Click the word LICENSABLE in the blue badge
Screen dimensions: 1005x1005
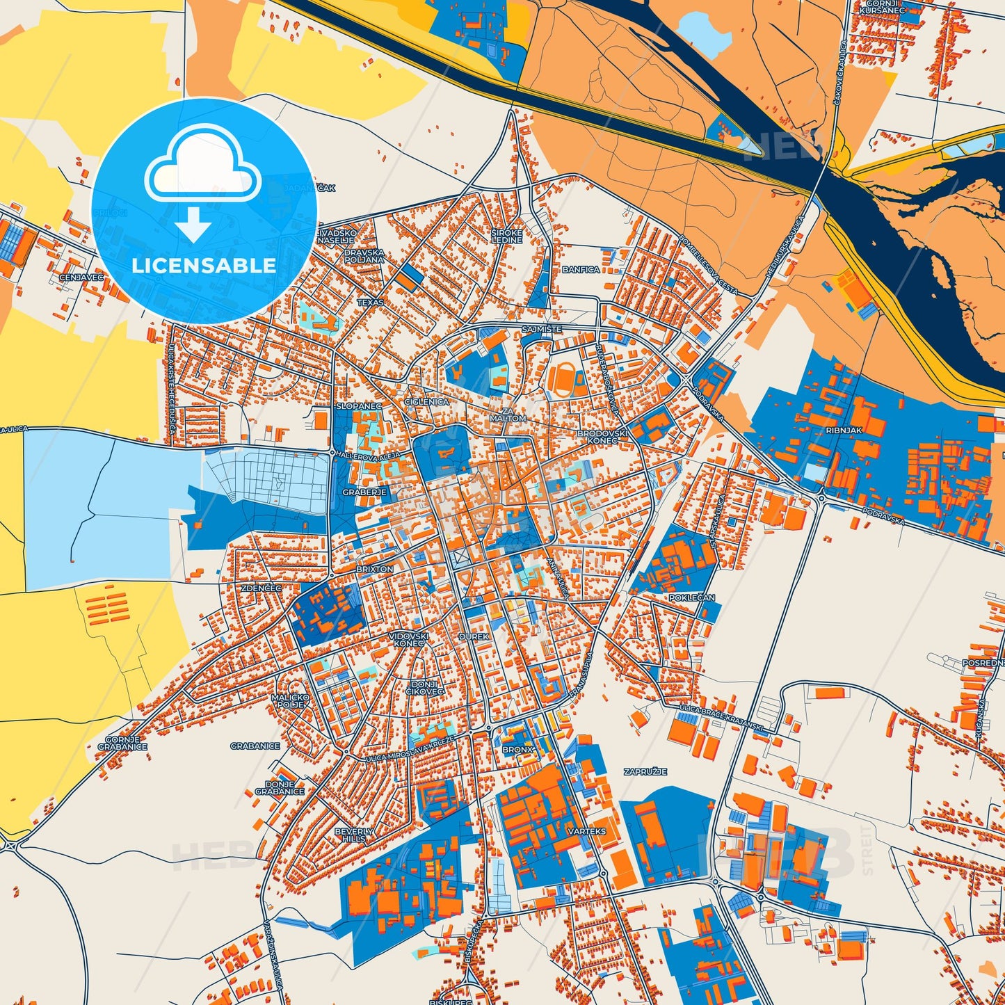[x=204, y=266]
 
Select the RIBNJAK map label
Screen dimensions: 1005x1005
[x=844, y=431]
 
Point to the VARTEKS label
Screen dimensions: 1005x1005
[x=586, y=831]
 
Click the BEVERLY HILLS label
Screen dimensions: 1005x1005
[x=354, y=835]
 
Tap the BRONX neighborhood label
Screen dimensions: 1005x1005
[x=517, y=750]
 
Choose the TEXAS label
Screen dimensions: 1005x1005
[x=370, y=303]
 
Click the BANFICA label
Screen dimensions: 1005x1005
[x=581, y=269]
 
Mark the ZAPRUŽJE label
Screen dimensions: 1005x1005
[x=645, y=772]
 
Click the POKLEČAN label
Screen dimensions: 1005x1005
[x=691, y=597]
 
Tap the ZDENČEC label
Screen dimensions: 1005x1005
[x=261, y=588]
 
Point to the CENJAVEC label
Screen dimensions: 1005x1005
[x=81, y=277]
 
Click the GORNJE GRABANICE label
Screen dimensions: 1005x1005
[x=122, y=743]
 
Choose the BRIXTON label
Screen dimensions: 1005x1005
[x=374, y=569]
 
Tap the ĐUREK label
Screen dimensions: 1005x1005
[x=474, y=636]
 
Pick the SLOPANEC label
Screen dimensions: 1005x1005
[x=358, y=405]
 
